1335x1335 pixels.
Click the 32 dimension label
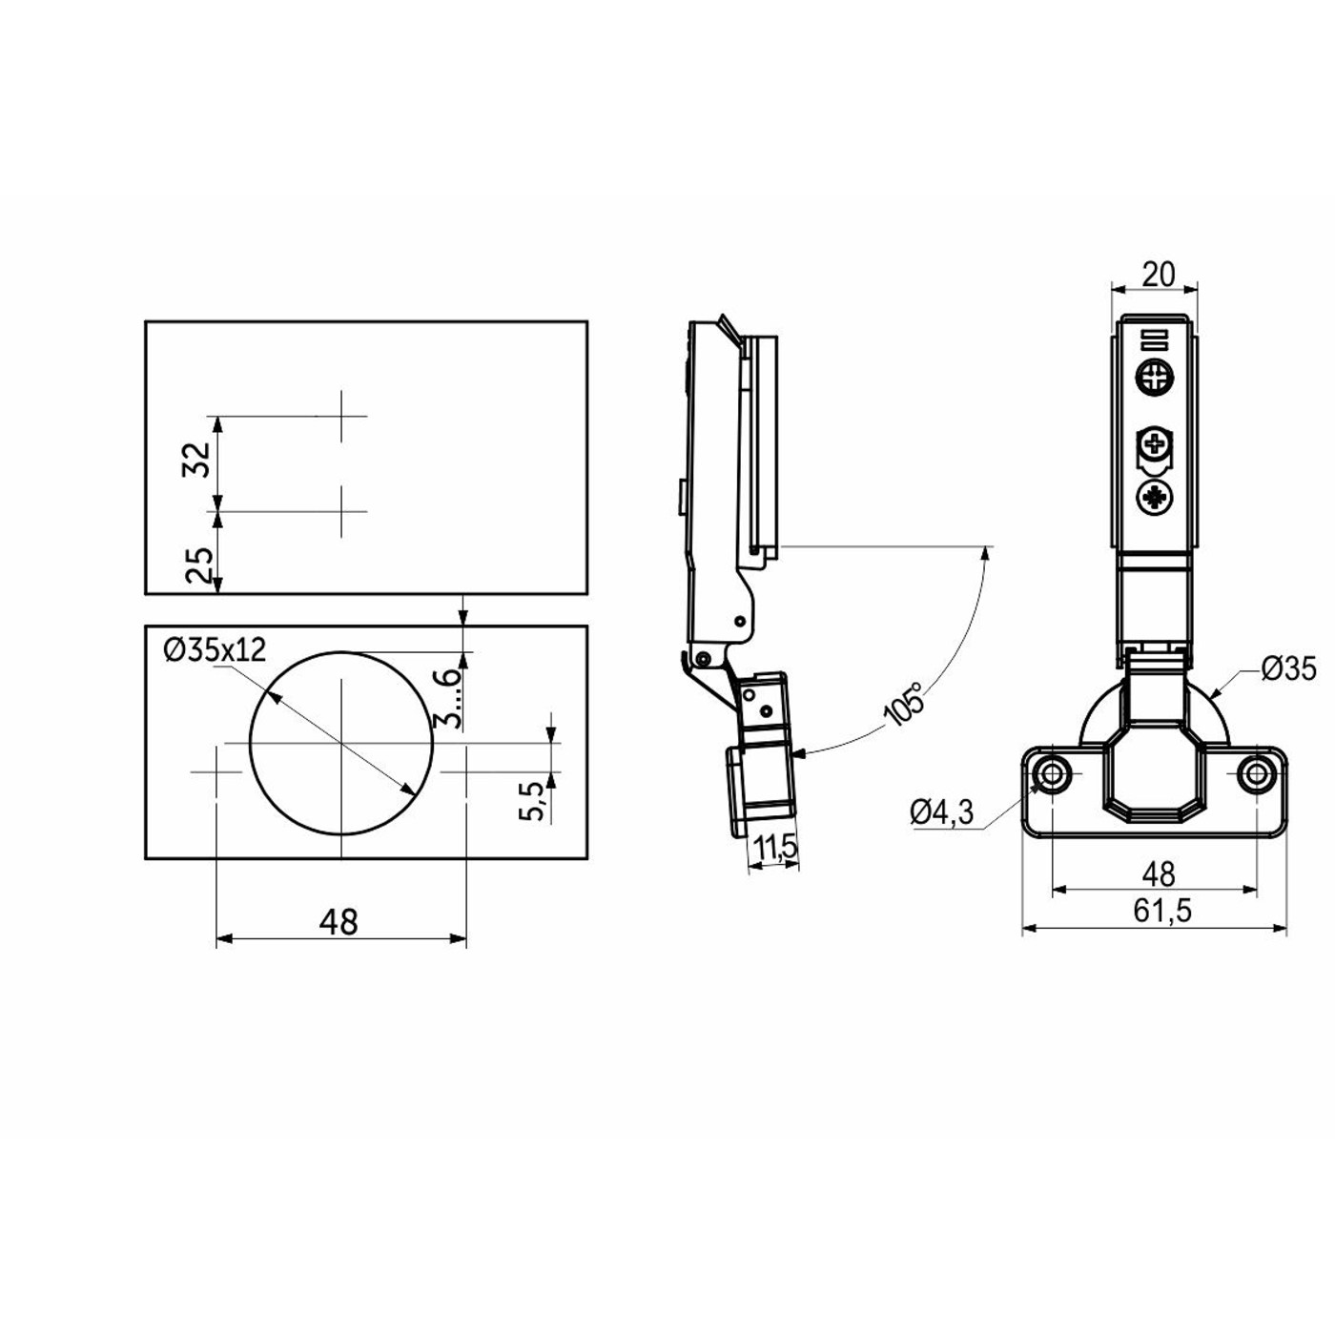point(196,460)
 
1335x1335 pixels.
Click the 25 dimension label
point(198,565)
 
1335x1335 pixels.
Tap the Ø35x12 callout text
point(215,649)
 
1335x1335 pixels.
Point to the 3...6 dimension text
point(447,698)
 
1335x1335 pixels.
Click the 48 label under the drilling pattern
point(339,922)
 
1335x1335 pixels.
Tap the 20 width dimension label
point(1159,275)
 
